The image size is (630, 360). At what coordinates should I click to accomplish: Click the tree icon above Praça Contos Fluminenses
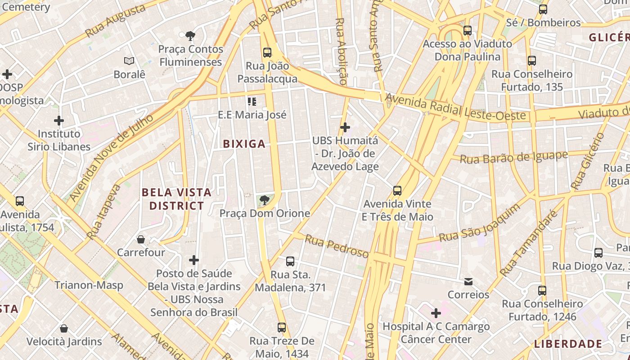(x=190, y=36)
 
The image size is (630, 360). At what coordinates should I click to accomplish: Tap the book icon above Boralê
(x=129, y=61)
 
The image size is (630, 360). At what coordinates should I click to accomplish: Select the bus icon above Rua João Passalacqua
(x=267, y=53)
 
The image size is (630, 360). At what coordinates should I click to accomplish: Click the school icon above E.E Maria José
(x=252, y=102)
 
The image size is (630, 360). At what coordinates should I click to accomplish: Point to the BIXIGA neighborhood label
(x=244, y=144)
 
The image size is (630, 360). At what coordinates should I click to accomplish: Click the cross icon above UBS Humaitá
(x=345, y=127)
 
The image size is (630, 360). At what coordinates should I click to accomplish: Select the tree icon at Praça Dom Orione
(x=265, y=200)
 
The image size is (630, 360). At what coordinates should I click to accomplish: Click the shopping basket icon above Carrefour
(x=141, y=239)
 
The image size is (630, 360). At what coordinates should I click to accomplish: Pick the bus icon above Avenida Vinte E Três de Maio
(x=397, y=191)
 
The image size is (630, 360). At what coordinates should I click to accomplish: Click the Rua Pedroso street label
(x=337, y=246)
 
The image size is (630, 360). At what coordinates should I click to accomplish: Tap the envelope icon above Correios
(x=468, y=282)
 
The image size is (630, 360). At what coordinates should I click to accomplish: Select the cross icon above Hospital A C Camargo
(x=436, y=313)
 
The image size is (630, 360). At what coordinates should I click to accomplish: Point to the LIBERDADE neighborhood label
(x=568, y=344)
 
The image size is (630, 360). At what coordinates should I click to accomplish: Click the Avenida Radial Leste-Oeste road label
(x=455, y=108)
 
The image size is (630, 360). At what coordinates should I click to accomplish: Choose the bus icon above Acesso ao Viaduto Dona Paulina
(x=468, y=31)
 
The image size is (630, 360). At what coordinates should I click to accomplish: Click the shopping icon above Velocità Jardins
(x=64, y=328)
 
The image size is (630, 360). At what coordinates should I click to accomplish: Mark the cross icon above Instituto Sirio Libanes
(x=58, y=121)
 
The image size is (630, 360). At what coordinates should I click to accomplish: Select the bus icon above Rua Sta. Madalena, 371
(x=290, y=261)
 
